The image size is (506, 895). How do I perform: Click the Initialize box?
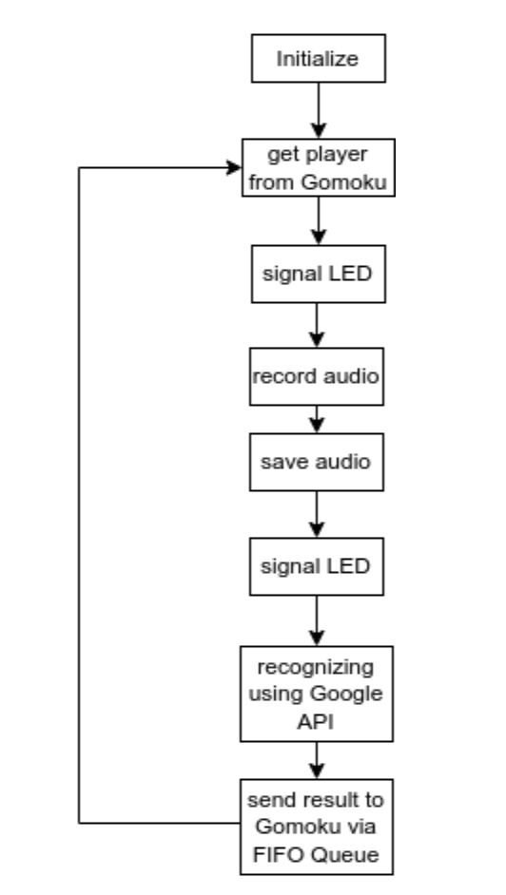(318, 59)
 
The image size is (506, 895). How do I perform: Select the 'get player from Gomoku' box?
(318, 168)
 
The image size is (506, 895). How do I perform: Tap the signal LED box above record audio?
(318, 276)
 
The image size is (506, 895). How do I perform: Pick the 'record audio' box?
(318, 375)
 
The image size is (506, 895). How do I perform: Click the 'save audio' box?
(318, 463)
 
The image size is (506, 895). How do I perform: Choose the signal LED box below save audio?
(318, 568)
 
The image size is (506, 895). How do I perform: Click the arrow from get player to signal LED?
(318, 220)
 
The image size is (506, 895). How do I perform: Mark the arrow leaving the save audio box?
(318, 514)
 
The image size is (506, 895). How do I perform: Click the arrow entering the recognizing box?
(318, 621)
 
